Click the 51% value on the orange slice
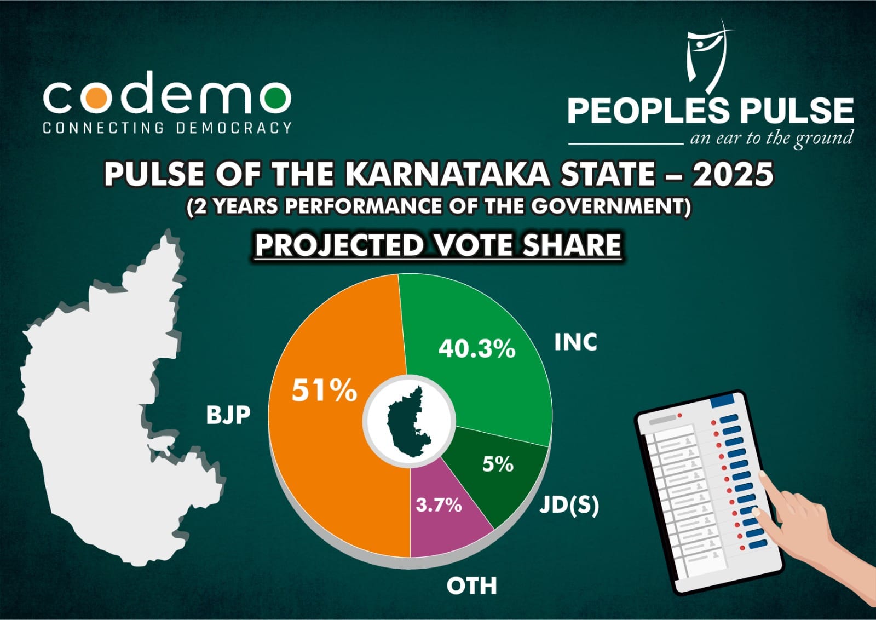(x=324, y=391)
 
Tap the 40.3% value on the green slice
(x=477, y=349)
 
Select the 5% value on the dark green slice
(x=498, y=464)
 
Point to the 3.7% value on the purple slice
(x=439, y=505)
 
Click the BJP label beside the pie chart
(x=228, y=415)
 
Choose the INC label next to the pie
(x=575, y=342)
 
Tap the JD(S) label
(x=569, y=506)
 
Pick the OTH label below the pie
(x=471, y=586)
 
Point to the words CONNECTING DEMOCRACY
(x=168, y=128)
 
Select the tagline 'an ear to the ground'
(x=771, y=139)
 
